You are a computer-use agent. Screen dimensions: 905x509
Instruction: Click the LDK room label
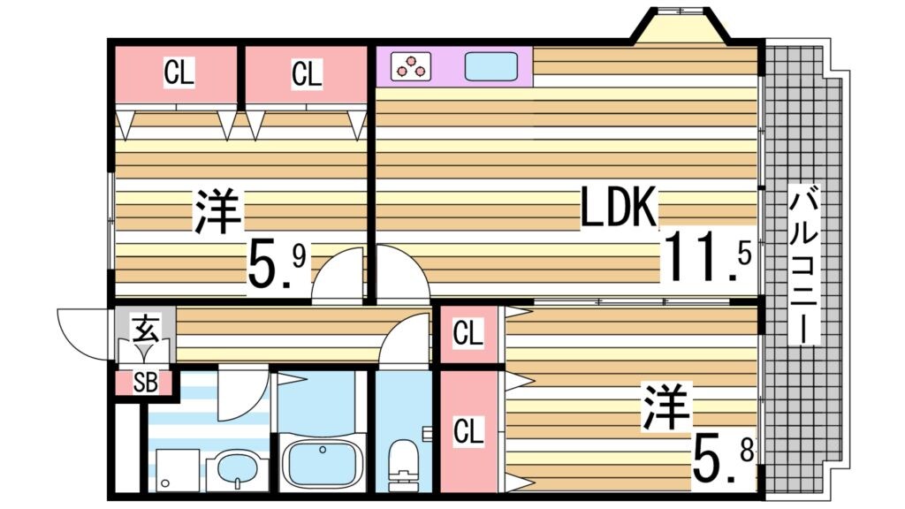coord(619,209)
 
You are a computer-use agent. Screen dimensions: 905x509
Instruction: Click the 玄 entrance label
coord(145,330)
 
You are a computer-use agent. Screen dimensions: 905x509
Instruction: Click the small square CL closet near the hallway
coord(468,334)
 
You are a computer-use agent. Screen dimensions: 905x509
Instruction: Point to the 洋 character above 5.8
coord(667,406)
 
